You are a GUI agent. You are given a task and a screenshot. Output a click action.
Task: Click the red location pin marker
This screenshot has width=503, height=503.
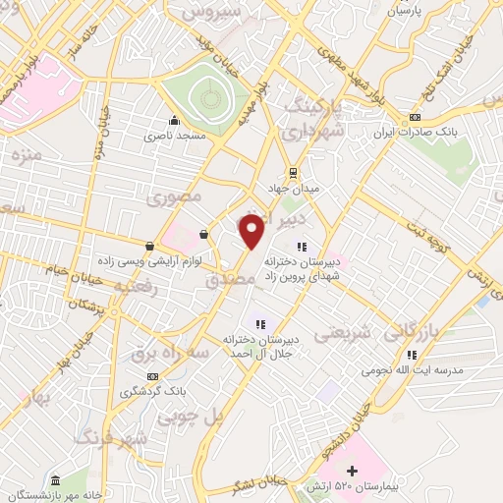[x=251, y=231]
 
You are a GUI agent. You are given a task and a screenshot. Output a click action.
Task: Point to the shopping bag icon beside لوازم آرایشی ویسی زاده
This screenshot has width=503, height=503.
[x=149, y=246]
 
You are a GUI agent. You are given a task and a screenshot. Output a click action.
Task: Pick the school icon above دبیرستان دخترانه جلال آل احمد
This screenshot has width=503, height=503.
[x=260, y=323]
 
